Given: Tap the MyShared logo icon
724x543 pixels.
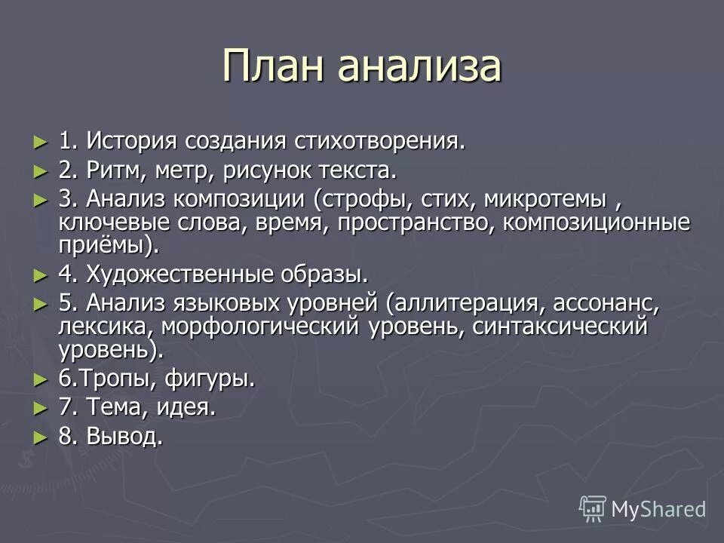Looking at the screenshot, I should click(592, 508).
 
